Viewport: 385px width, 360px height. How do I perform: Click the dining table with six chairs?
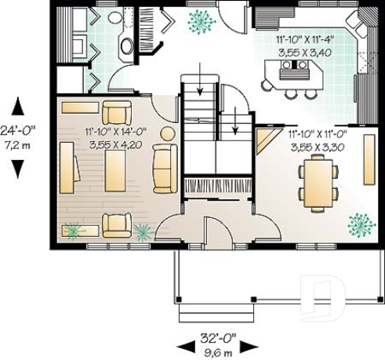pos(318,182)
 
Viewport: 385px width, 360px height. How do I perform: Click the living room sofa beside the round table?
pos(165,169)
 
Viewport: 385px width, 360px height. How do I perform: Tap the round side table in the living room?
pos(165,135)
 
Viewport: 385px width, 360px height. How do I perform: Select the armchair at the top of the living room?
pos(117,111)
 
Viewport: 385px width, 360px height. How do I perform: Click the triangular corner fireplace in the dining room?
pos(262,143)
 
